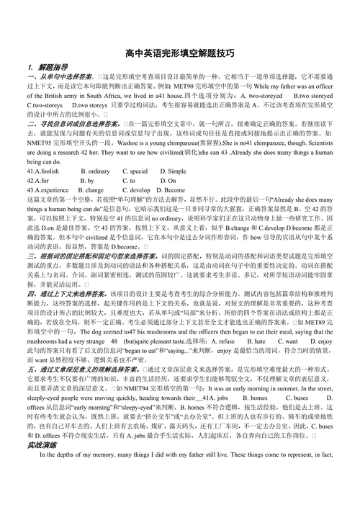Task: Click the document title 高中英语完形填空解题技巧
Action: [x=179, y=53]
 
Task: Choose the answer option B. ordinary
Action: [x=96, y=171]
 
